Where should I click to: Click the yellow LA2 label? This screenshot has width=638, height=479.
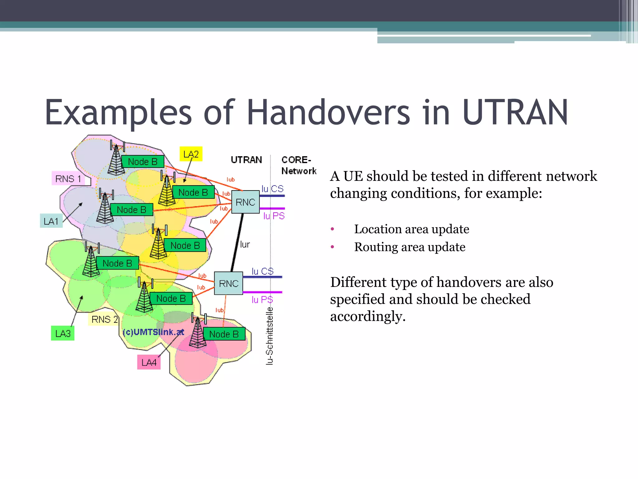[x=191, y=154]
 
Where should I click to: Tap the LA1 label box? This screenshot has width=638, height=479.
[x=51, y=221]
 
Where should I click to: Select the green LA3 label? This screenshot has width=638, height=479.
[x=63, y=333]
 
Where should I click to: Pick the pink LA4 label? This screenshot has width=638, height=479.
[x=149, y=362]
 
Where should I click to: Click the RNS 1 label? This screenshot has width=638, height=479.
[x=68, y=179]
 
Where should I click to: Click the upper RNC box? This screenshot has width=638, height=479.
[x=245, y=202]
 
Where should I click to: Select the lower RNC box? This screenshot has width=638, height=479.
[x=229, y=283]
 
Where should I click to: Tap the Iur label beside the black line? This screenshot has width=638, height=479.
[x=245, y=244]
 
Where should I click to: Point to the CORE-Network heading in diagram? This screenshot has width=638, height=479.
[x=298, y=165]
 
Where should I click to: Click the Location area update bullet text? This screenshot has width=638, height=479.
[x=412, y=229]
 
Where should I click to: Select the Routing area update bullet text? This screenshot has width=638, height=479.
[x=410, y=247]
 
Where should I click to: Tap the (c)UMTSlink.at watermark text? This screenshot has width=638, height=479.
[x=153, y=332]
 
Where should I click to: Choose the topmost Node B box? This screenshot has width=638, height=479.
[x=143, y=162]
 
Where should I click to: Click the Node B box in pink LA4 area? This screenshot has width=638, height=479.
[x=224, y=334]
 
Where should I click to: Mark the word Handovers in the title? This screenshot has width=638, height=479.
[x=328, y=112]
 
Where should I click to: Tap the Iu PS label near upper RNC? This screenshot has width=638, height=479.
[x=274, y=216]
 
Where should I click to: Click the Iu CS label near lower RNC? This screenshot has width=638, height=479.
[x=262, y=271]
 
